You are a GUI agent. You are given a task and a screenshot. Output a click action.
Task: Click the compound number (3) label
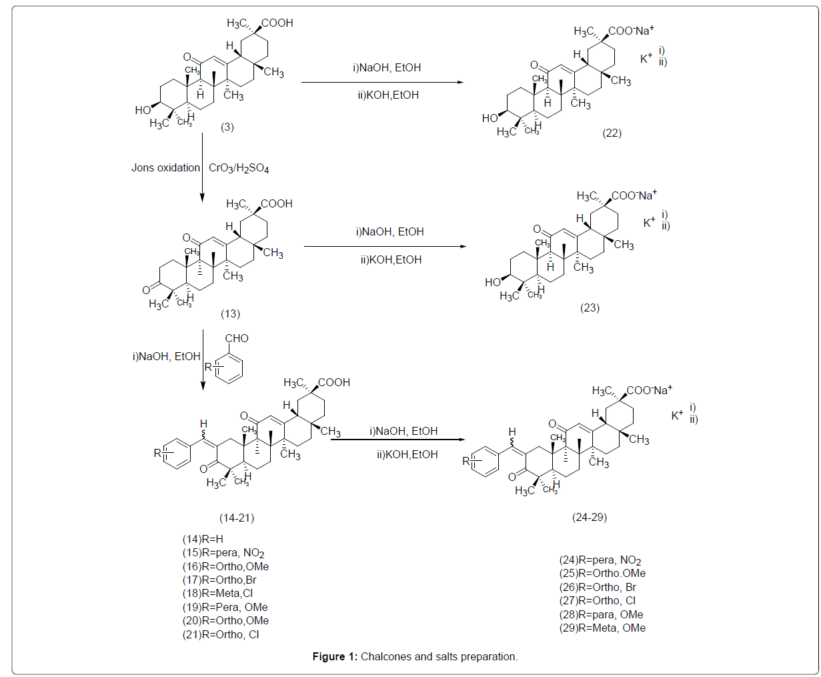click(227, 127)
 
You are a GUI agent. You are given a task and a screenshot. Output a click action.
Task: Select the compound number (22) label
click(612, 133)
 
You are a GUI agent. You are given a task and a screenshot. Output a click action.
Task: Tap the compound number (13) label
click(230, 314)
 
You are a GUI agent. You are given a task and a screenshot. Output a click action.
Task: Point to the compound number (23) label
click(590, 307)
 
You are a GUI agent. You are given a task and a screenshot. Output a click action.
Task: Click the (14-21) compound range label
click(237, 518)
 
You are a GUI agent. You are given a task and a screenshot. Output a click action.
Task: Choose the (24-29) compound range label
click(590, 517)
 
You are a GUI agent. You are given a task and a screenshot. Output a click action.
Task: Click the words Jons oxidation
click(165, 168)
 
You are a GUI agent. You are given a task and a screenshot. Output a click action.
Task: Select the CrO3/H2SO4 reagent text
click(239, 168)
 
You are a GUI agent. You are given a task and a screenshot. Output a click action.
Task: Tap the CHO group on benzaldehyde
click(237, 338)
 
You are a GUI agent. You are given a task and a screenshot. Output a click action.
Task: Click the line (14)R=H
click(203, 539)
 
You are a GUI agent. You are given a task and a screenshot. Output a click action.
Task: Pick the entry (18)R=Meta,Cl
click(217, 593)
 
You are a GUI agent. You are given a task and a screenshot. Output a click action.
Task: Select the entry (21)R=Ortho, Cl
click(221, 634)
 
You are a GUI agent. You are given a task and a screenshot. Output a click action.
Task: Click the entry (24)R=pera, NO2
click(600, 560)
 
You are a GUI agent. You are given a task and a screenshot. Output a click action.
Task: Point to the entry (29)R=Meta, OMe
click(602, 628)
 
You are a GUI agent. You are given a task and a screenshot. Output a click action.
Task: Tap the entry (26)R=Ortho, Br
click(598, 588)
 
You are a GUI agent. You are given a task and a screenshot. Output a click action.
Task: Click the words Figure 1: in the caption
click(335, 656)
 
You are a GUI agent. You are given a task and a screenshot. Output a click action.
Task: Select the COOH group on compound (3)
click(277, 23)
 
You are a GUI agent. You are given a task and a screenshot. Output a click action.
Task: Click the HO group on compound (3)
click(143, 110)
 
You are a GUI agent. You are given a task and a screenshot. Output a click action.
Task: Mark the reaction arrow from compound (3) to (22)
click(383, 82)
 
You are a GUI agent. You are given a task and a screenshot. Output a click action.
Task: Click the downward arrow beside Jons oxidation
click(203, 167)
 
